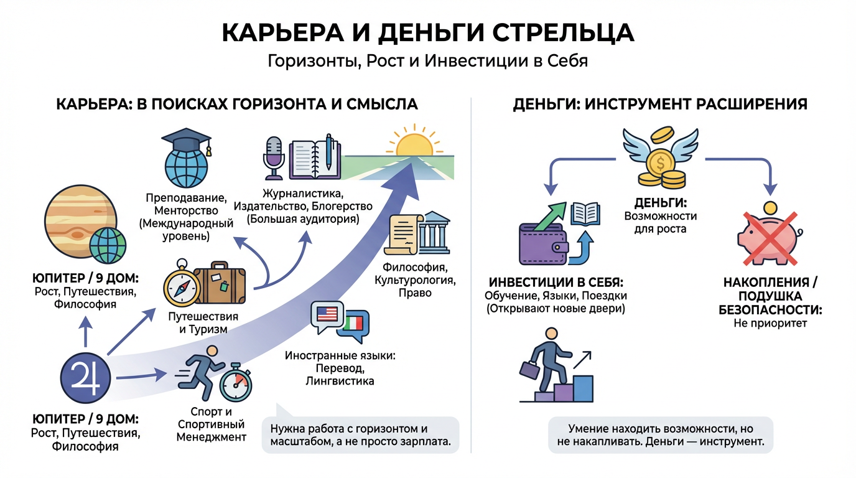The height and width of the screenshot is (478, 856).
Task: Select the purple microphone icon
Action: click(x=274, y=154)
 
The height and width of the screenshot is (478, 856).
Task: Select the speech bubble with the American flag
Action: click(x=326, y=316)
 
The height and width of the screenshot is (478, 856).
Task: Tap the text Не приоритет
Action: click(x=770, y=323)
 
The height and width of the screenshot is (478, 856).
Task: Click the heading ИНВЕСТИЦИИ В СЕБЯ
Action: click(x=556, y=281)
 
